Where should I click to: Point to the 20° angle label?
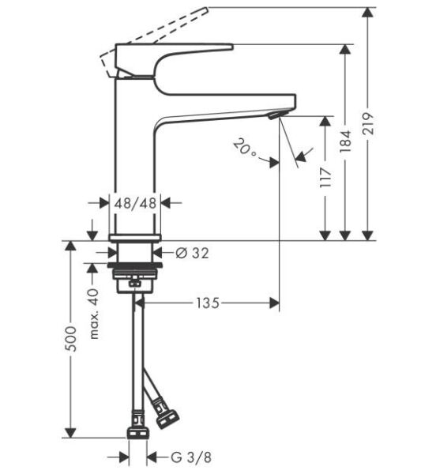[x=245, y=148]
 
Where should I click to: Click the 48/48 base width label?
[x=135, y=203]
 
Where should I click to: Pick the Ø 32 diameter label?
[x=190, y=253]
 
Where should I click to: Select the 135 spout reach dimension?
[x=207, y=302]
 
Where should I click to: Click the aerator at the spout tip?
[x=273, y=115]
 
